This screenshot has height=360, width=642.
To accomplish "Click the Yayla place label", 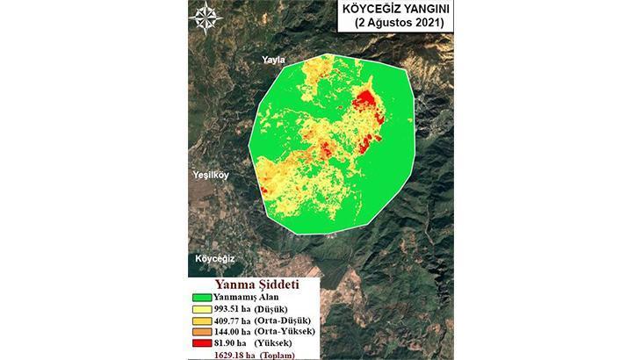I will click(x=273, y=60).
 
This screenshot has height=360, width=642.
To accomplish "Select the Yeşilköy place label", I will click(x=211, y=176).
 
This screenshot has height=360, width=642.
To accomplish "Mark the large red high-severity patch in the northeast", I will click(x=368, y=114).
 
